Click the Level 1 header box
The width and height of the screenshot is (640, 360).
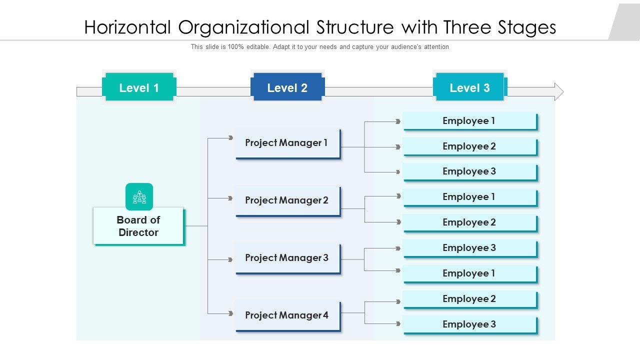139,87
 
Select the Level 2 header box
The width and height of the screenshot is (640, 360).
287,87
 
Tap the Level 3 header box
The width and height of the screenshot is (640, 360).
469,87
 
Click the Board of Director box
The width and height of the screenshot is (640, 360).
138,226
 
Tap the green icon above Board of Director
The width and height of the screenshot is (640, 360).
139,196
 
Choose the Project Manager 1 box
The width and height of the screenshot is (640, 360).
287,143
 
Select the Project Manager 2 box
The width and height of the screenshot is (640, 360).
287,200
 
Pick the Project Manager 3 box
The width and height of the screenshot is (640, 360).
287,258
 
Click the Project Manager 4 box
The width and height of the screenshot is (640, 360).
287,315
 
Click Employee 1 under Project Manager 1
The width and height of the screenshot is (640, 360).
469,121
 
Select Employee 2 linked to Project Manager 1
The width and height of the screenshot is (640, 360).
469,146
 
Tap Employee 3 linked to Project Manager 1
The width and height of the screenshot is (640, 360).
469,171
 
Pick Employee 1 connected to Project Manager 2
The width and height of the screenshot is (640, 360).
469,197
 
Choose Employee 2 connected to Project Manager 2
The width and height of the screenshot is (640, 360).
469,222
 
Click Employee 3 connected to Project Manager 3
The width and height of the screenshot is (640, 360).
469,248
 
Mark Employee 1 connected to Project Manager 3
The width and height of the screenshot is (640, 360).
469,273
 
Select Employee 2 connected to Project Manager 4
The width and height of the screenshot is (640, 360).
469,299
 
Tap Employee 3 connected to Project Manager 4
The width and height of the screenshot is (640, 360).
469,324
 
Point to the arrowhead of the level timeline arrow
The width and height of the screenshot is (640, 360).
558,92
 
